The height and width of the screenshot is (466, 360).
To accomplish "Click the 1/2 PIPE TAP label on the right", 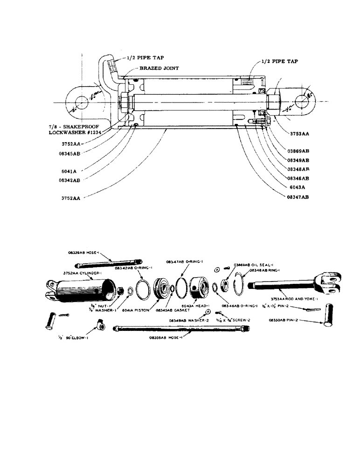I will click(279, 61).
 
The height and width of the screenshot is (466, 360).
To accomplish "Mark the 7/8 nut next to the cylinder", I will click(120, 291).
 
